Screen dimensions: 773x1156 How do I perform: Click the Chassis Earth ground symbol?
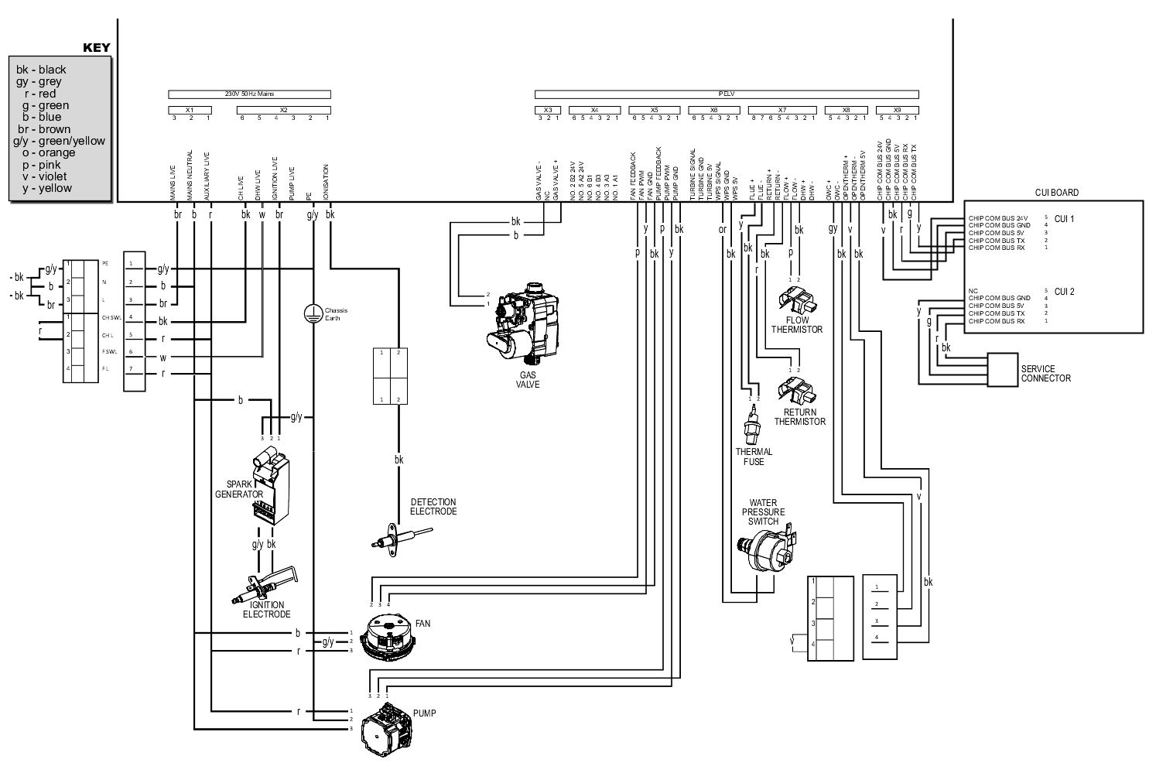pos(313,313)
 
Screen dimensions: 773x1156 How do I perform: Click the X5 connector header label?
pos(655,110)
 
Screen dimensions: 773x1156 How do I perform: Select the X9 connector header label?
pos(897,110)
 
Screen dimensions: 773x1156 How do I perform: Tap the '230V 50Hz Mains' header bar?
pos(249,94)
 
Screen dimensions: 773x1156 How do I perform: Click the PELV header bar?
pos(726,94)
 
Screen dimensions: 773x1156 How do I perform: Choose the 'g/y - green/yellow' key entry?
pos(59,141)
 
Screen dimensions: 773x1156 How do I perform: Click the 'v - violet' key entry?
pos(48,176)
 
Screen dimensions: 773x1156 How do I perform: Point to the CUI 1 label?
pos(1065,219)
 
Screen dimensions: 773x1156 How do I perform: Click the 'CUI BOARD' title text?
pos(1055,193)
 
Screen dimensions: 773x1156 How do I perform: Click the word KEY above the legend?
pos(96,48)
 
